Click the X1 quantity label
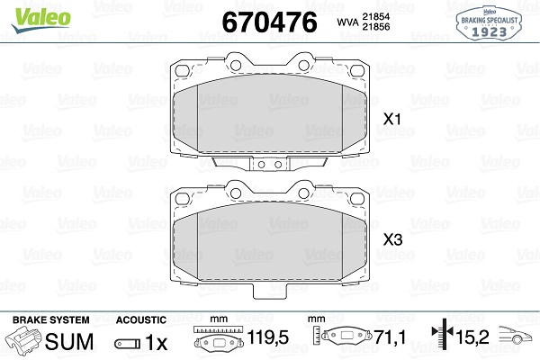391,119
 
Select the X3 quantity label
391,240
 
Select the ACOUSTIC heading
141,319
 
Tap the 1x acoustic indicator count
157,342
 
